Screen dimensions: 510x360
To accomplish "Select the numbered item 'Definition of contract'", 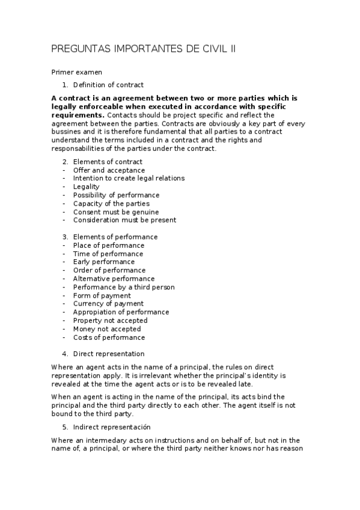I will [108, 85].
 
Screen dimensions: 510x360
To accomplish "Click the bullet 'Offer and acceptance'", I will [109, 170].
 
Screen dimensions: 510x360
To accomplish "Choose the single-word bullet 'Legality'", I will [87, 187].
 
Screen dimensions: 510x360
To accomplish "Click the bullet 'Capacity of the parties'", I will [111, 204].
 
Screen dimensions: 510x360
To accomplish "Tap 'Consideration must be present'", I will [124, 220].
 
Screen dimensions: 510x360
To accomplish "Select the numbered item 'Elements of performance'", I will [115, 237].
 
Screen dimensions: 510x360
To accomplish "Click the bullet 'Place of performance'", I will [109, 245].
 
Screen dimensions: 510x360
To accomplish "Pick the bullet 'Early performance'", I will [104, 262].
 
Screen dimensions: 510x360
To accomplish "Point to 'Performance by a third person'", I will [124, 287].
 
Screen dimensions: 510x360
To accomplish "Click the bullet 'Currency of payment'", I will [108, 304].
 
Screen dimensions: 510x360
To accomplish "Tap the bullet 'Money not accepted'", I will [107, 329].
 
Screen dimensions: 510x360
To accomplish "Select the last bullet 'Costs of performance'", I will [109, 337].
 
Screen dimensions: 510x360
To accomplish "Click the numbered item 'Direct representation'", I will [109, 354].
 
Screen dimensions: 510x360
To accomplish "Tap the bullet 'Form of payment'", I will [102, 295].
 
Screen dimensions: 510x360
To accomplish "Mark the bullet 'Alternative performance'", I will [114, 278].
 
